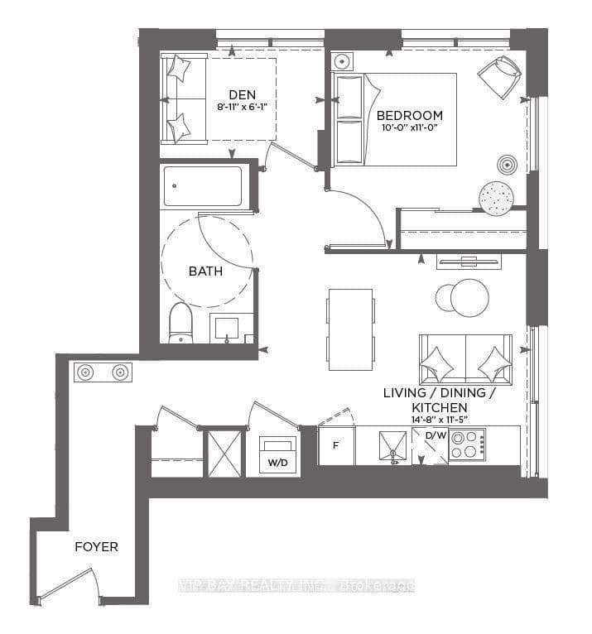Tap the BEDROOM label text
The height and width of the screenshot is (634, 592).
point(409,115)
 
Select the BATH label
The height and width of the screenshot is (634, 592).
point(205,271)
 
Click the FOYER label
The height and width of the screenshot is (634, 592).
point(96,547)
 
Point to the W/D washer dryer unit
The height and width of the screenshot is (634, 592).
point(276,454)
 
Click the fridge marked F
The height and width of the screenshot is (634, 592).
point(336,445)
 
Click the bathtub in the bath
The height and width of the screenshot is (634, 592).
point(204,186)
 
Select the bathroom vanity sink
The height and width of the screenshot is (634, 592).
point(229,329)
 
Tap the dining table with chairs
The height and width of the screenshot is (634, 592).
point(349,329)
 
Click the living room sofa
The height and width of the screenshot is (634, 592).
point(465,359)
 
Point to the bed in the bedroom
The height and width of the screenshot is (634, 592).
point(394,119)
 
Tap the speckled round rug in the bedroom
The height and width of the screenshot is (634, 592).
point(496,197)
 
